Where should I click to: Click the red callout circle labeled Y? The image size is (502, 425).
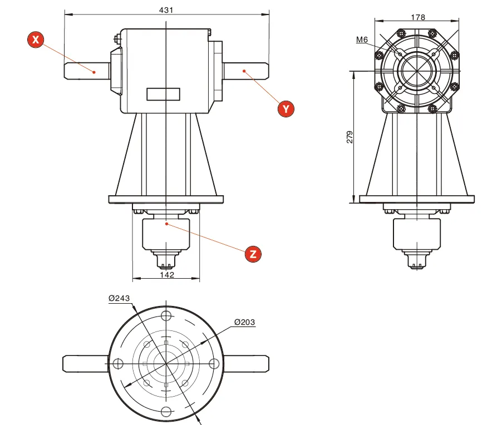[286, 108]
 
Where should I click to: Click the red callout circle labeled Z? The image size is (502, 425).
[253, 254]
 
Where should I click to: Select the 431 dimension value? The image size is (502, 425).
[166, 9]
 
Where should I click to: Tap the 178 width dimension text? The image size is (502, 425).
[417, 17]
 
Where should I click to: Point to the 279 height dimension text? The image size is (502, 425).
[350, 137]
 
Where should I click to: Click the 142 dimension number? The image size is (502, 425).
[166, 275]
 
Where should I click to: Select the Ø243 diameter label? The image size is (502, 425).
[119, 298]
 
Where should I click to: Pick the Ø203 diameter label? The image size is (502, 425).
[245, 322]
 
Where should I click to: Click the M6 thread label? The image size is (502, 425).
[362, 39]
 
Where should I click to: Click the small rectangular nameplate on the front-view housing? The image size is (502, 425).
[164, 94]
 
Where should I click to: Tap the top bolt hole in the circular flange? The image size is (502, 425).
[166, 316]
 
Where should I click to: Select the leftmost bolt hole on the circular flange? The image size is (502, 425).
[117, 364]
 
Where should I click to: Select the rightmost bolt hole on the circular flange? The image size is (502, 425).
[214, 364]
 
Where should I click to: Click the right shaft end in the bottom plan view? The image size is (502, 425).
[247, 364]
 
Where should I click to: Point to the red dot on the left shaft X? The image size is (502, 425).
[95, 71]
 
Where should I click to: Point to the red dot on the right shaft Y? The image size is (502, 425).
[244, 71]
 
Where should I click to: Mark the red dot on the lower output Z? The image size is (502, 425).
[166, 224]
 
